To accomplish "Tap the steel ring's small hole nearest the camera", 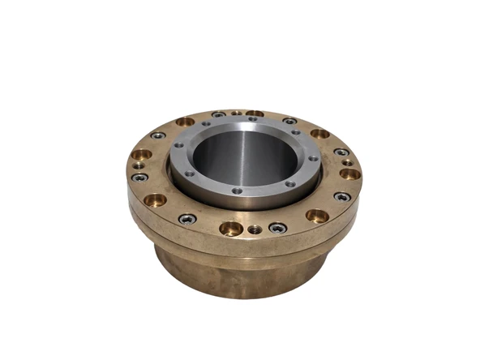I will click(236, 191).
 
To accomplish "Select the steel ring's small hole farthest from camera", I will click(252, 119).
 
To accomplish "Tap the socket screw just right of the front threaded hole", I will click(277, 227).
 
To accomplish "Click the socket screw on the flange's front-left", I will click(187, 218).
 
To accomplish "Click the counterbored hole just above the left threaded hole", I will click(141, 154).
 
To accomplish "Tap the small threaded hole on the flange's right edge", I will click(347, 162).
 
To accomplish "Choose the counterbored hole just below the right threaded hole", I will click(349, 174).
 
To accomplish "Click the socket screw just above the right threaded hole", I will click(341, 152).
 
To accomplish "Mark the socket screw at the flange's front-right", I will click(342, 196).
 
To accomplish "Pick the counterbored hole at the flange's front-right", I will click(317, 216).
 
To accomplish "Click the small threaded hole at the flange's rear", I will click(236, 114).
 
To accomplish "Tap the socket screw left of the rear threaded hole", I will click(218, 115).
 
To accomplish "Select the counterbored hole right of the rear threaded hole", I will click(255, 114).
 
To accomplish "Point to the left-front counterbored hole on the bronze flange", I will click(155, 199).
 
